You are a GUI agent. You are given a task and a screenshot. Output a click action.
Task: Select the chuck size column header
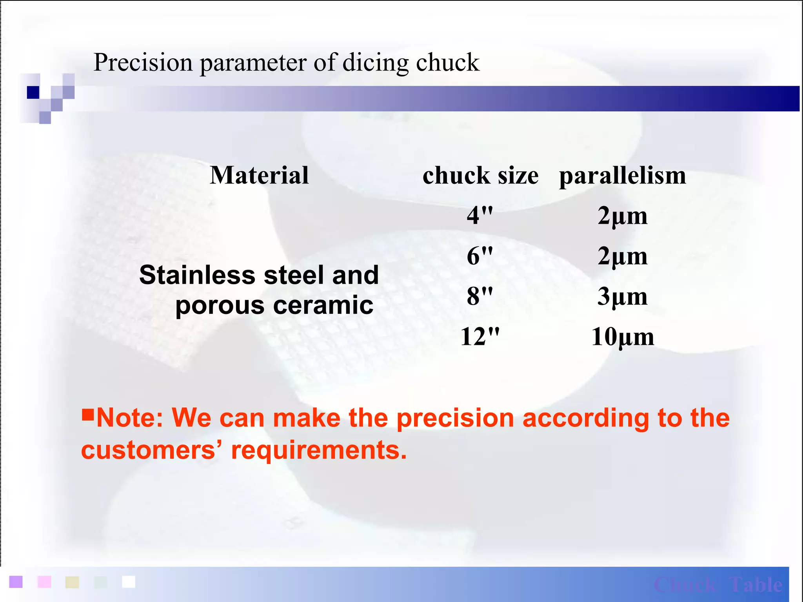[x=480, y=175]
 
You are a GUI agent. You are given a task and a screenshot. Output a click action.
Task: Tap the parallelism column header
[x=622, y=175]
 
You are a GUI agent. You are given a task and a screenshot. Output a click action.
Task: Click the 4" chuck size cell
[x=480, y=215]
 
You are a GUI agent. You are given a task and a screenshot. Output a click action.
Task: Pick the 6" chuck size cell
[x=480, y=256]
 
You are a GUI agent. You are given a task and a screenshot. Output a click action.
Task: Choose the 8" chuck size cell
[x=480, y=296]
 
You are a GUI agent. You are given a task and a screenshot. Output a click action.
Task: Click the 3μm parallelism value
[x=622, y=296]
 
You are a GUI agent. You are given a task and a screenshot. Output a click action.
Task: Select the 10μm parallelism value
[x=622, y=337]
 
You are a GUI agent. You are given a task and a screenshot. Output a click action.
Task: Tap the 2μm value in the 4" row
[x=622, y=216]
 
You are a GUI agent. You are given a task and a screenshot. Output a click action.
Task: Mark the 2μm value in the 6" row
[x=622, y=256]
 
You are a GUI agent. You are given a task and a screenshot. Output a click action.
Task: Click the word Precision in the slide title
[x=144, y=62]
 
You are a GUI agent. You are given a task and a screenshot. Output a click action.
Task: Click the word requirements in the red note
[x=318, y=450]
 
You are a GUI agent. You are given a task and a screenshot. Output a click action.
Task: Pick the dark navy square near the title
[x=33, y=92]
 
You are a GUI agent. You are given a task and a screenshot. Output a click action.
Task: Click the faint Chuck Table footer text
[x=718, y=585]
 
